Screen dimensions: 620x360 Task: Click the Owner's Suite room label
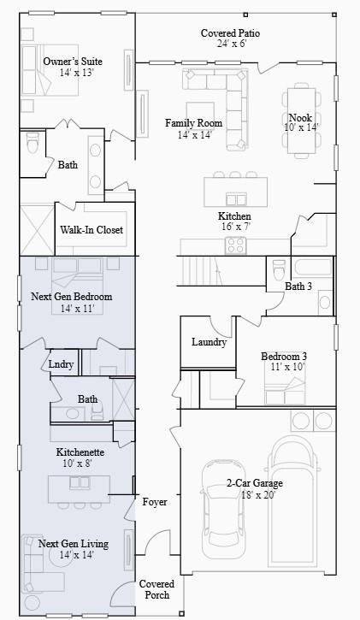[73, 62]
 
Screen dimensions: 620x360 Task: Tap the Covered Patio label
[230, 32]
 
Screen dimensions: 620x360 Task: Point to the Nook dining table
[300, 120]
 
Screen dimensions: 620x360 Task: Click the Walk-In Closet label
[91, 230]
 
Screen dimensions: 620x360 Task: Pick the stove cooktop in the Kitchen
[236, 245]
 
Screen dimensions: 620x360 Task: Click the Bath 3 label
[298, 286]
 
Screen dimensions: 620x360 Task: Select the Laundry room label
[209, 342]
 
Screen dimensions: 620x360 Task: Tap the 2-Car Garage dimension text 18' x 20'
[254, 495]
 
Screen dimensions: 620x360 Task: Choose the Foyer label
[155, 502]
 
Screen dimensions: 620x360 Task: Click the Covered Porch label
[156, 589]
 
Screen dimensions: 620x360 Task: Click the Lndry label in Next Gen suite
[61, 364]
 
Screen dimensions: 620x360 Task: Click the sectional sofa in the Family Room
[219, 94]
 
